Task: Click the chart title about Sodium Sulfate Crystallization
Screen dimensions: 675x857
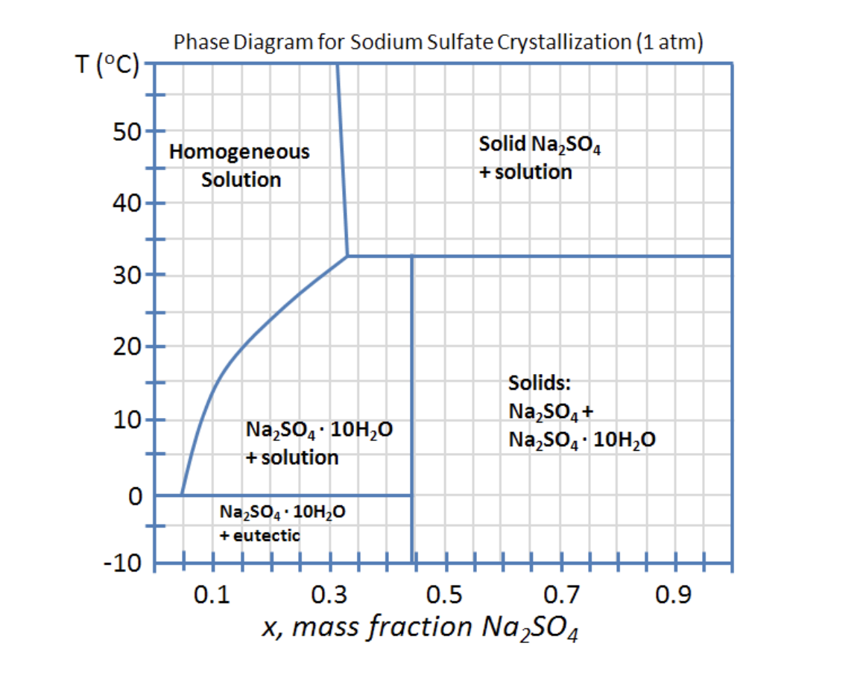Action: [x=438, y=42]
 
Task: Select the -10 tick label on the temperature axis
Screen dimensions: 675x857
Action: [x=118, y=563]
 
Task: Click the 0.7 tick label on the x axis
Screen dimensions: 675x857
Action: [x=560, y=595]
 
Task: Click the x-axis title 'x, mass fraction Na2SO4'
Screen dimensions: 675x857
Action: [x=421, y=629]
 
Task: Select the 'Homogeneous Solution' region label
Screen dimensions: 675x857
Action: [x=240, y=165]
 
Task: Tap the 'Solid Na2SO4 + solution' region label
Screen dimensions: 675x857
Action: [x=540, y=157]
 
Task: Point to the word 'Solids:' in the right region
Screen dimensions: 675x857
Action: [x=540, y=383]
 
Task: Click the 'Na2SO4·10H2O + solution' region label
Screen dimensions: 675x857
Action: [x=318, y=443]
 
